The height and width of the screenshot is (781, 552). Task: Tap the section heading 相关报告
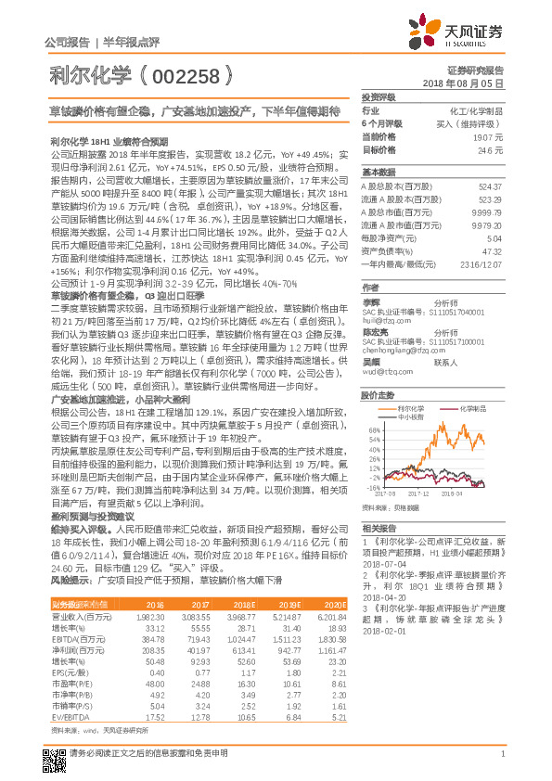[x=377, y=524]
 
